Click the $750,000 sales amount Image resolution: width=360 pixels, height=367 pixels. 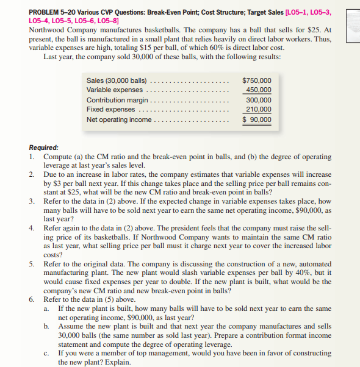[x=257, y=80]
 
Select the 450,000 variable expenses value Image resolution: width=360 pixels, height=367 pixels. [x=259, y=90]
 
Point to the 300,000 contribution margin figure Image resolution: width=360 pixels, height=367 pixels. [x=259, y=100]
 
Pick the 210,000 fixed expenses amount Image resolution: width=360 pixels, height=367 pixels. [x=259, y=110]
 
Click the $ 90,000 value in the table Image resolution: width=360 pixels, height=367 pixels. [x=257, y=119]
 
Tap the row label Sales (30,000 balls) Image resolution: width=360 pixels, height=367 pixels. [x=117, y=80]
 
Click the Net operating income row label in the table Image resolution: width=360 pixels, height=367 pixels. [x=119, y=119]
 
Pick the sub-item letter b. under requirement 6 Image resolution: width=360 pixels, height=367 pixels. [x=47, y=326]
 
